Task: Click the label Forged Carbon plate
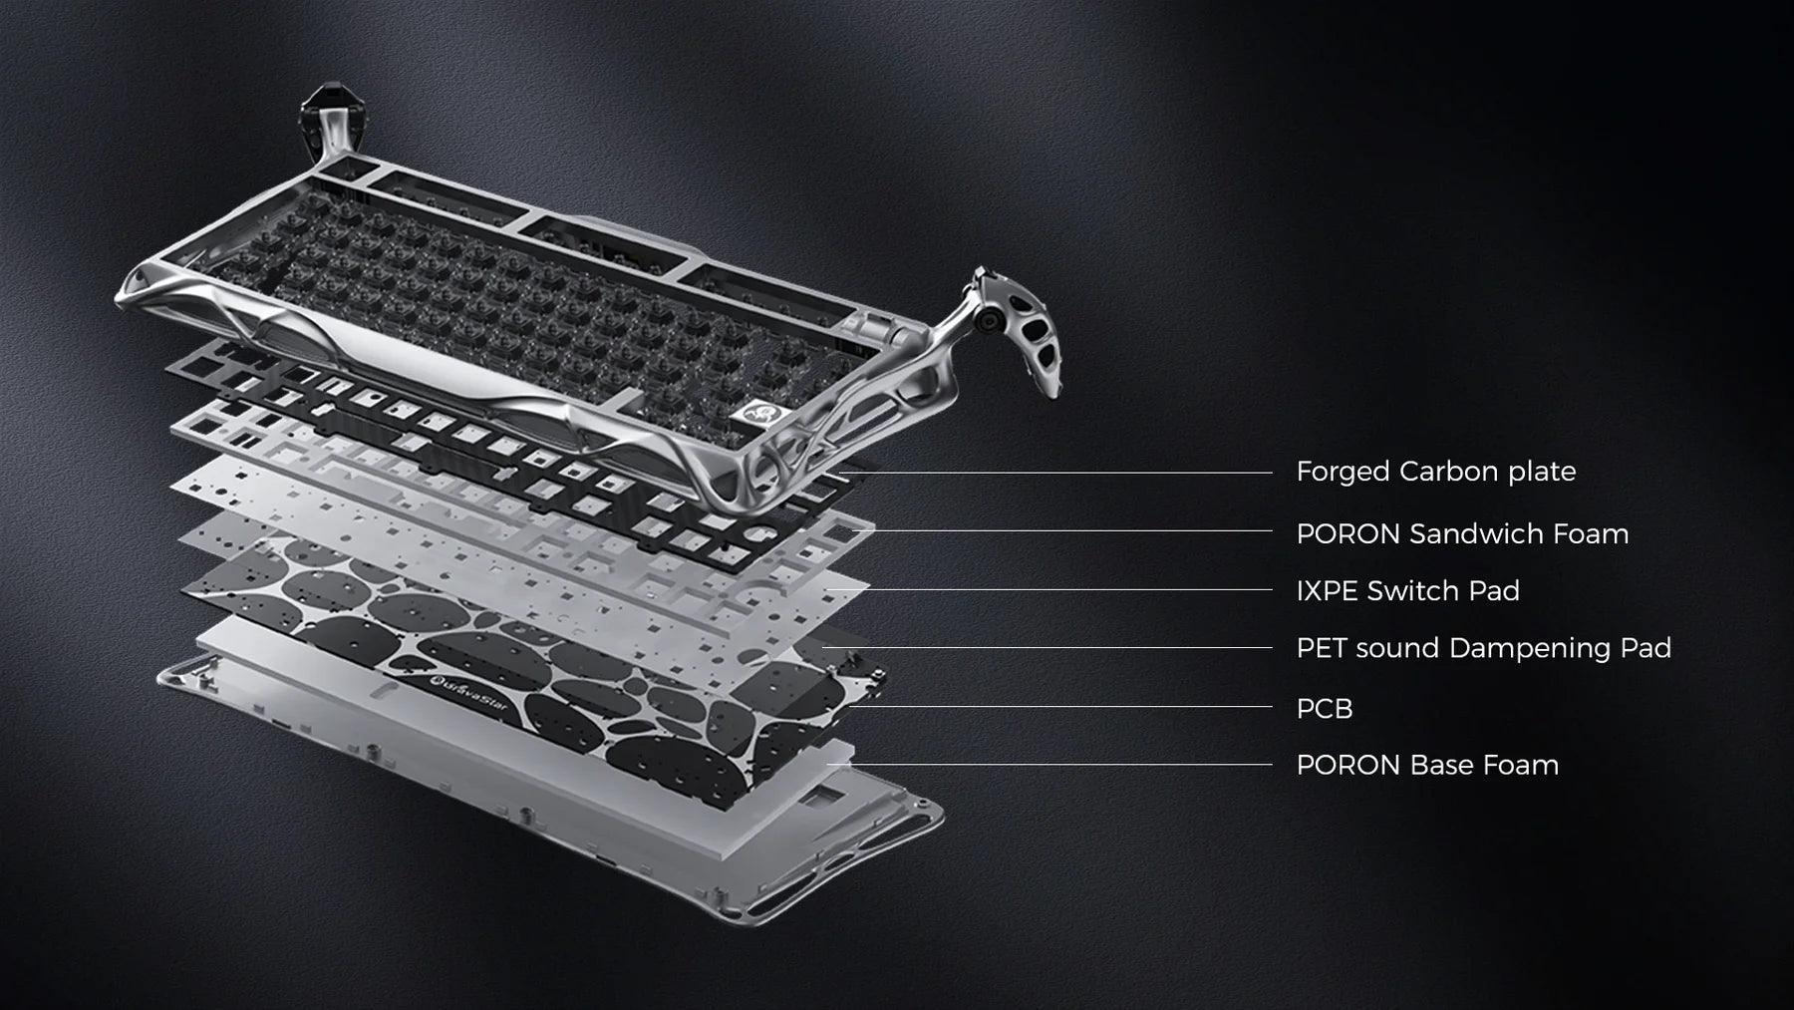pyautogui.click(x=1435, y=472)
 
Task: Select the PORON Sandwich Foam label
pyautogui.click(x=1462, y=533)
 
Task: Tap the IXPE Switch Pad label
pyautogui.click(x=1407, y=590)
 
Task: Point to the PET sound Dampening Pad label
pyautogui.click(x=1483, y=648)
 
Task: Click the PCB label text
pyautogui.click(x=1325, y=709)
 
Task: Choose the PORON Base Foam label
pyautogui.click(x=1427, y=765)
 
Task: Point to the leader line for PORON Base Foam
pyautogui.click(x=1051, y=765)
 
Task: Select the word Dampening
pyautogui.click(x=1529, y=649)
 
